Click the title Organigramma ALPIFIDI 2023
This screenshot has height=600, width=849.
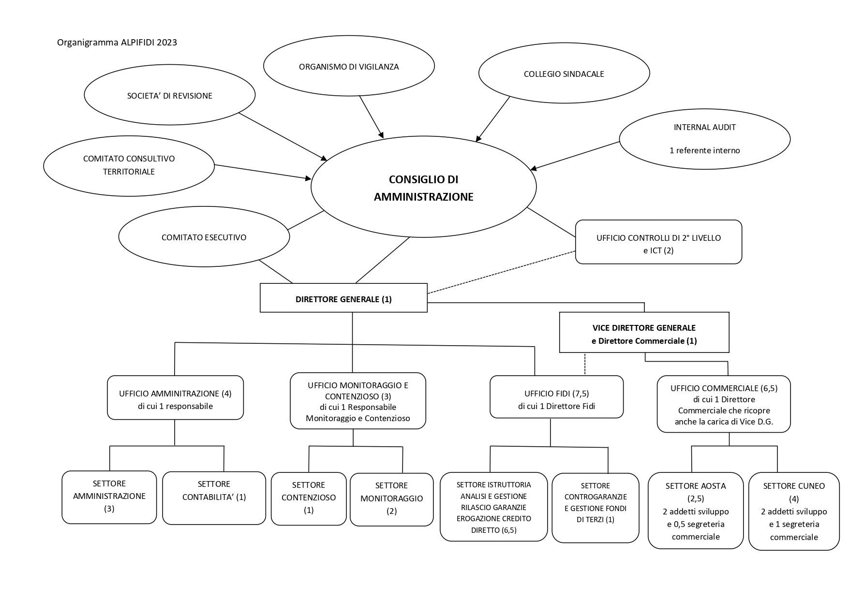pos(117,43)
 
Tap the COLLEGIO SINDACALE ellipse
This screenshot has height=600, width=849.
pos(564,74)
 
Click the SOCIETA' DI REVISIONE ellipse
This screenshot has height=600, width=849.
pos(170,95)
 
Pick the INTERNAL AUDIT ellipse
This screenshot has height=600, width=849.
pos(705,139)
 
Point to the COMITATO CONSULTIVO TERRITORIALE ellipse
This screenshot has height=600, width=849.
pos(129,165)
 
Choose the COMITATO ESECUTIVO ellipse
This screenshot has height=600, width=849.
pos(204,237)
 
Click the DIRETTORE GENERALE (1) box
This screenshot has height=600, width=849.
pos(343,298)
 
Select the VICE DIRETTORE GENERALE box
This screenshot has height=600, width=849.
pos(644,332)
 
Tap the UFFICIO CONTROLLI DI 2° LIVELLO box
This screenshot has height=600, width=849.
pos(658,242)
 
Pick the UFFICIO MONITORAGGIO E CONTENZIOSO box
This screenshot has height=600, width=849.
pos(358,401)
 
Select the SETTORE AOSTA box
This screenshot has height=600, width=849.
pos(696,511)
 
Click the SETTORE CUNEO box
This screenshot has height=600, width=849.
pos(794,511)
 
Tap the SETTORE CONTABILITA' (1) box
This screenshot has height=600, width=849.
pos(214,498)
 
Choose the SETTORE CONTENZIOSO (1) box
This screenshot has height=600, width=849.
pos(309,498)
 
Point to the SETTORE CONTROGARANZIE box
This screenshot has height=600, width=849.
pos(596,508)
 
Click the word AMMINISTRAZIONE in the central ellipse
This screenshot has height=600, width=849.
pos(424,197)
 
